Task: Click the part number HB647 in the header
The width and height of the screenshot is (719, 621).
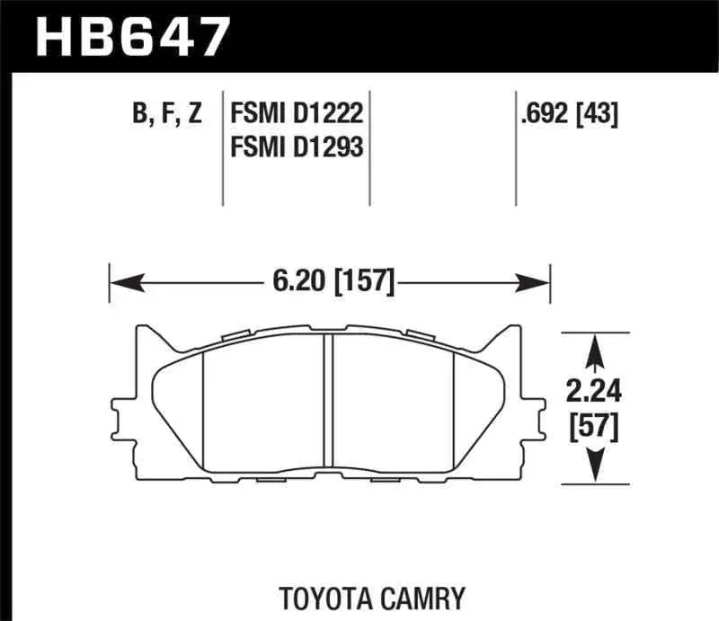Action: pos(132,37)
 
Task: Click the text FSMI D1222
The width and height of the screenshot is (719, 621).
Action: pos(297,114)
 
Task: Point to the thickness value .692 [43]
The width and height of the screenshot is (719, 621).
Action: pos(569,114)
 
